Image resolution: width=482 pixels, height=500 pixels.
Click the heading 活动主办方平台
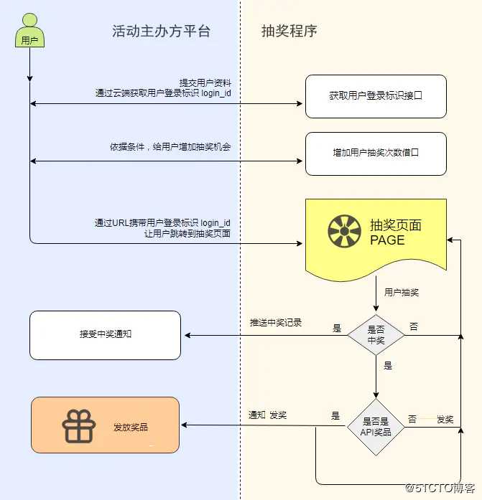coord(162,31)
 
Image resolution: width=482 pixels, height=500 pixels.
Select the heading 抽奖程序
coord(289,31)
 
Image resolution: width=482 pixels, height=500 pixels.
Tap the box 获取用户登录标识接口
coord(376,95)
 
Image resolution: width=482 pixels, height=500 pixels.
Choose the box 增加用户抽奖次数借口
coord(376,154)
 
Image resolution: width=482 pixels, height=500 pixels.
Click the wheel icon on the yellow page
coord(344,232)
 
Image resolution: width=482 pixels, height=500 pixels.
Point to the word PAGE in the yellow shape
coord(387,240)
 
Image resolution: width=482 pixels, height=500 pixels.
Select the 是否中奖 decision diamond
coord(376,334)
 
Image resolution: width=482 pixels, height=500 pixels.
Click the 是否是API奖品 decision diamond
coord(375,427)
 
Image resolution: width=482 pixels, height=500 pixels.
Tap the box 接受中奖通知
coord(106,334)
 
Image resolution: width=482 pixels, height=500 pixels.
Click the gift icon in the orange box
coord(79,426)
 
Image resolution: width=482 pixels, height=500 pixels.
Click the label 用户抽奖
coord(402,293)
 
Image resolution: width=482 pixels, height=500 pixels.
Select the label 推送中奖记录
coord(276,322)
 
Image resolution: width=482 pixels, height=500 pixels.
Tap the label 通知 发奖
coord(268,415)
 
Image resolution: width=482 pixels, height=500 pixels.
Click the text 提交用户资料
coord(205,82)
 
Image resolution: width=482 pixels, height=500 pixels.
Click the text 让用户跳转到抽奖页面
coord(187,233)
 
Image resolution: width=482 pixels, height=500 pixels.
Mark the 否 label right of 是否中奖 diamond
coord(414,327)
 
